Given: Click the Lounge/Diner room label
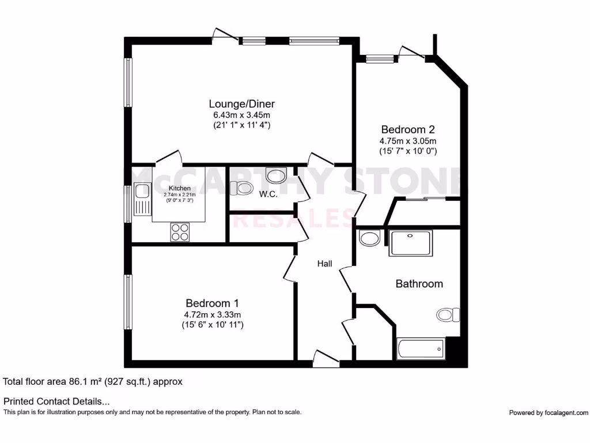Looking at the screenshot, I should point(241,104).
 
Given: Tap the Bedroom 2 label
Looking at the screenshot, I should point(407,129).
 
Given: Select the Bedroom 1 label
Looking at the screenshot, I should point(212,303).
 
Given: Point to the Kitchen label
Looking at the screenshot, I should point(179,189).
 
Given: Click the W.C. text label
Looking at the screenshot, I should point(268,194).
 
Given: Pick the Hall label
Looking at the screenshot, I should point(325,264).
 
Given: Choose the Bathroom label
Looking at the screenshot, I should point(419,284).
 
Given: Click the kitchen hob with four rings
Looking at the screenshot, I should point(180,231).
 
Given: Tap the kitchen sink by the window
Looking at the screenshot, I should point(142,199).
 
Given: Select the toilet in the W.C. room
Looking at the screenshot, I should point(241,187).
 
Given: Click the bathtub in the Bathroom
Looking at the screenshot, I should point(420,348).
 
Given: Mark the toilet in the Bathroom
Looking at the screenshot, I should point(448,314).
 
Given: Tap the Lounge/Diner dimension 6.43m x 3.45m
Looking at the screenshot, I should point(241,115).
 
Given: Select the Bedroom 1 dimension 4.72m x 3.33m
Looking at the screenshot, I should point(212,314).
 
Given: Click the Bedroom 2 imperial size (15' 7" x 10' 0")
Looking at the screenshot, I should point(407,151).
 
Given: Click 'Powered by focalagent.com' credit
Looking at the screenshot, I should point(549,412).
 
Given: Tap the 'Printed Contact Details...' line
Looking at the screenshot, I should point(56,401).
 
